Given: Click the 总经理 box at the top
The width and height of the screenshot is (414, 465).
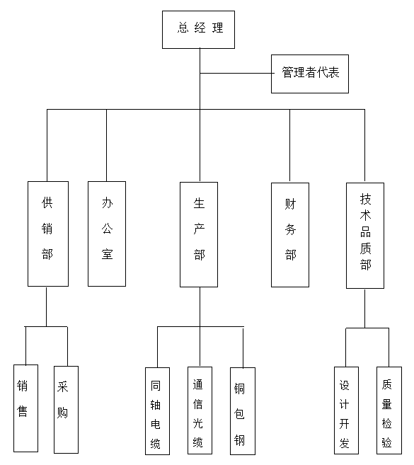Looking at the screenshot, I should click(x=198, y=30).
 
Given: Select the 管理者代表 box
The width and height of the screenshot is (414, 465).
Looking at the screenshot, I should click(x=310, y=74).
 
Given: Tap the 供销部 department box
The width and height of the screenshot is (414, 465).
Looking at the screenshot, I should click(x=48, y=234).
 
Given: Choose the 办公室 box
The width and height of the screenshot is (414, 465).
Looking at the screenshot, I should click(x=107, y=234).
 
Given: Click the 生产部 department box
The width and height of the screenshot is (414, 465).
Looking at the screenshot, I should click(x=199, y=234).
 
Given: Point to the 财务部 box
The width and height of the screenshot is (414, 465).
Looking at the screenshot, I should click(x=290, y=234).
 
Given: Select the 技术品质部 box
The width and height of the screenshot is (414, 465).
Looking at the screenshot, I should click(x=365, y=235).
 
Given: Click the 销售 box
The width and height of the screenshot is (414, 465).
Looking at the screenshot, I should click(x=25, y=408).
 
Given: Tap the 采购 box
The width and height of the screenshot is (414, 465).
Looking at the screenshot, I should click(x=66, y=409).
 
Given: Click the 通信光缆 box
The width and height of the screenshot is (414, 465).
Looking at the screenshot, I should click(x=200, y=411).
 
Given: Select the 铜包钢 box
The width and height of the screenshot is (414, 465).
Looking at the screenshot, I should click(x=242, y=411).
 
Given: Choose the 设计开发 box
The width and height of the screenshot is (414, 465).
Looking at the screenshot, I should click(x=346, y=410).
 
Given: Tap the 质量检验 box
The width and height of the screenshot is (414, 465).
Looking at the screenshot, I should click(x=389, y=410).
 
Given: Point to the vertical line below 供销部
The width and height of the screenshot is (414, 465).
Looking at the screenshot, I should click(x=47, y=306).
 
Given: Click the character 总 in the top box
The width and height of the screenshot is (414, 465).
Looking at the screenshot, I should click(x=182, y=29).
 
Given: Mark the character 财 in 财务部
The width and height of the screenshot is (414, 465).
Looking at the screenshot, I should click(x=290, y=205).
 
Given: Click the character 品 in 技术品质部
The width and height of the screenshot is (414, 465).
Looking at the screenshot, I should click(x=365, y=232).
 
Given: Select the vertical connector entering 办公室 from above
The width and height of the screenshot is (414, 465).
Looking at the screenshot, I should click(x=107, y=145).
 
